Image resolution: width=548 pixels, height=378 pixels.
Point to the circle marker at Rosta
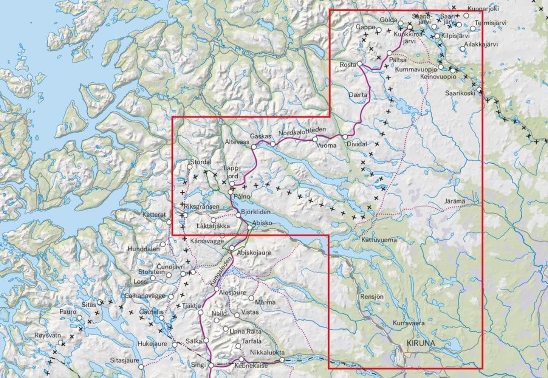click(x=359, y=64)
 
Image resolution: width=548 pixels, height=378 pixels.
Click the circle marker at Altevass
click(x=254, y=147)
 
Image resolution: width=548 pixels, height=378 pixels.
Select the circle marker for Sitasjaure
click(x=141, y=366)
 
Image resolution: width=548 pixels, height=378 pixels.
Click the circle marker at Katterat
click(x=169, y=222)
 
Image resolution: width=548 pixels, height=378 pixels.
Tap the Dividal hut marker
click(x=345, y=136)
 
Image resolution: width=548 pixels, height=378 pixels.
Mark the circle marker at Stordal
click(x=190, y=167)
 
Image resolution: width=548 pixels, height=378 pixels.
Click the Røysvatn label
click(x=48, y=335)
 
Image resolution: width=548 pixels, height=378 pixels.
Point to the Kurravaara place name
click(x=409, y=323)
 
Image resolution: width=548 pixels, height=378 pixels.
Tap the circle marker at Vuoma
click(x=315, y=139)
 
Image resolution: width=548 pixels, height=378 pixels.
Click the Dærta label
click(x=359, y=95)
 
